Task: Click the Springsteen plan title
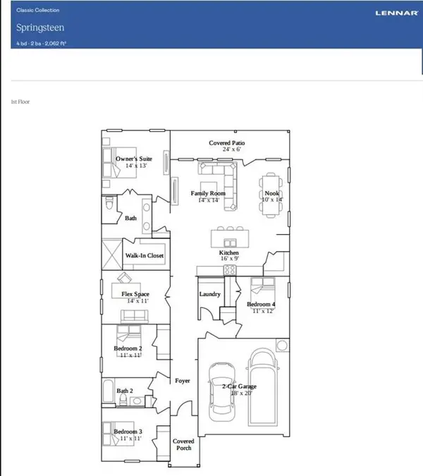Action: (38, 28)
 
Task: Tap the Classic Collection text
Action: (38, 11)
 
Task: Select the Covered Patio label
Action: (226, 143)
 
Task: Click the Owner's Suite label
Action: (134, 159)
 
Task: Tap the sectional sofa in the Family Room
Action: (219, 172)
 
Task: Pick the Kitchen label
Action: (229, 252)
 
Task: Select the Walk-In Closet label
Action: (145, 256)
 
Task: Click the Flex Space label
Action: (134, 294)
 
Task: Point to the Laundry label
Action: (210, 294)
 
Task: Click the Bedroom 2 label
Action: (128, 348)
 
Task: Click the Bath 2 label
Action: (126, 389)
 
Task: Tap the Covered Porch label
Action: (183, 444)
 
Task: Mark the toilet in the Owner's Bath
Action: (109, 205)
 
